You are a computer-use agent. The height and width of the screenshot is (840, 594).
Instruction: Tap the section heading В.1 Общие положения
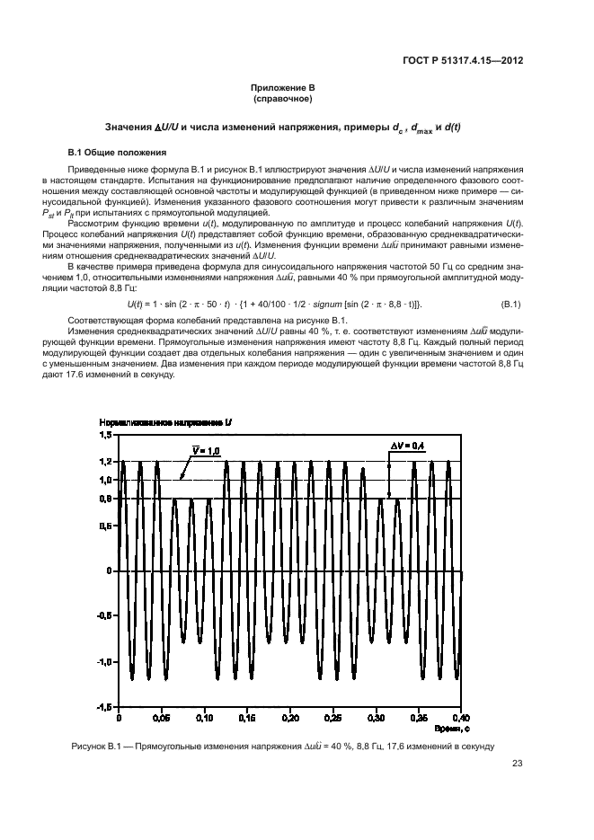point(113,154)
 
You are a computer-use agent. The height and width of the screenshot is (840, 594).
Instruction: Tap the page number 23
point(517,765)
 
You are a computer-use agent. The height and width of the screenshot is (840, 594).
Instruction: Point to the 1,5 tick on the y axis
point(104,434)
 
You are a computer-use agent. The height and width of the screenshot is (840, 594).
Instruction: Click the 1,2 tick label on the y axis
point(104,461)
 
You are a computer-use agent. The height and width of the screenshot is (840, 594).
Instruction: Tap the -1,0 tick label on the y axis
point(102,662)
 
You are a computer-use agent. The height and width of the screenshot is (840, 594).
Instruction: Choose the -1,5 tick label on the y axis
point(102,708)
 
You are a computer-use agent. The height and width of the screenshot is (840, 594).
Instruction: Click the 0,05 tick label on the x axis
point(160,719)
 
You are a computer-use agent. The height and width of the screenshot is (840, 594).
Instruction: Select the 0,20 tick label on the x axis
point(289,719)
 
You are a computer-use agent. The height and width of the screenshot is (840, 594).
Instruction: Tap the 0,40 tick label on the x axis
point(461,719)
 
